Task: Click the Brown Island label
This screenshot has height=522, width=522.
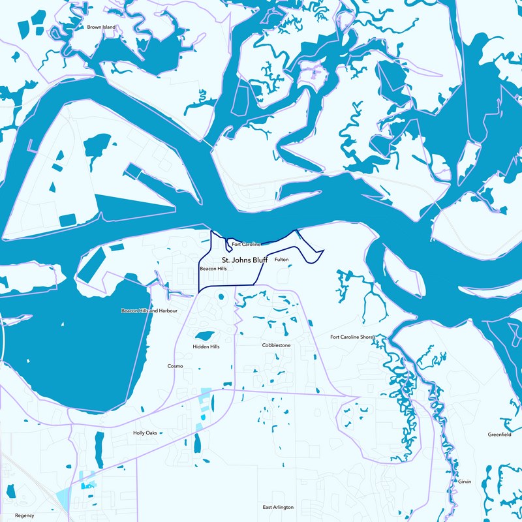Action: pyautogui.click(x=101, y=27)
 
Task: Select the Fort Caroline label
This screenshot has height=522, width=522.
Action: pyautogui.click(x=245, y=244)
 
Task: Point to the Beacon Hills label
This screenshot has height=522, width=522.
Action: pyautogui.click(x=213, y=269)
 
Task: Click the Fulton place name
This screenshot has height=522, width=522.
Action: pyautogui.click(x=281, y=260)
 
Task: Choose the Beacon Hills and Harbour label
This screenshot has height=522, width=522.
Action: pyautogui.click(x=149, y=311)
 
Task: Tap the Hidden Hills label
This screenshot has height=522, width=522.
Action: pyautogui.click(x=206, y=346)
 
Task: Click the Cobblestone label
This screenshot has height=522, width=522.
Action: pyautogui.click(x=276, y=345)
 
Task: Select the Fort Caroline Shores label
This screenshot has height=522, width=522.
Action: pyautogui.click(x=352, y=337)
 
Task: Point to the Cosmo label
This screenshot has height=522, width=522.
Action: pyautogui.click(x=176, y=366)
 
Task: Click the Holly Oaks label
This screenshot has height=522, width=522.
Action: pyautogui.click(x=145, y=433)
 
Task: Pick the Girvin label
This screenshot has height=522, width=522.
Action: pyautogui.click(x=465, y=481)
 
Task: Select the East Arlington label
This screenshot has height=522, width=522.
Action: pyautogui.click(x=278, y=507)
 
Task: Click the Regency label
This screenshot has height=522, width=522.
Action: pyautogui.click(x=24, y=515)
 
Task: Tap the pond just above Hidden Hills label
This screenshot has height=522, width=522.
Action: pyautogui.click(x=205, y=336)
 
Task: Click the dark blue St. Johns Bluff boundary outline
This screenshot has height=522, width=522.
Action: pyautogui.click(x=198, y=274)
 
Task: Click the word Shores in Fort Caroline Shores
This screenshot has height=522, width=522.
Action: pyautogui.click(x=367, y=337)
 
